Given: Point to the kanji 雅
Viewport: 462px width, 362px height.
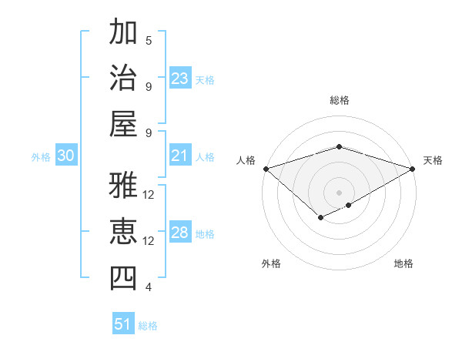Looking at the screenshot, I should pyautogui.click(x=123, y=186).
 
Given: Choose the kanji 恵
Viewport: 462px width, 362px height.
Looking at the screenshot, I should pyautogui.click(x=123, y=232).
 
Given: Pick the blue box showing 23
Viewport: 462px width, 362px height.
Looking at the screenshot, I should pyautogui.click(x=180, y=78).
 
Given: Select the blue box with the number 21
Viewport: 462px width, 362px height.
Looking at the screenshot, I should pyautogui.click(x=180, y=156).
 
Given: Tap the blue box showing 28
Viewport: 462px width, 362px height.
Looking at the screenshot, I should pyautogui.click(x=180, y=233).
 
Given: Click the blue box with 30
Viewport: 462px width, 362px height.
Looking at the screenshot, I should pyautogui.click(x=66, y=156).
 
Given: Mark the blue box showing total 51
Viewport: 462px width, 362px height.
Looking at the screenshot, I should pyautogui.click(x=123, y=324).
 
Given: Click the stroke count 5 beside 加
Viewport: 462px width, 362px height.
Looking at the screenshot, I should pyautogui.click(x=149, y=40).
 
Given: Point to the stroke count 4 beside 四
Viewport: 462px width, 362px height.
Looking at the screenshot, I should pyautogui.click(x=149, y=287).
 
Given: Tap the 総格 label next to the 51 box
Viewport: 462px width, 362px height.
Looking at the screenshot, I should pyautogui.click(x=148, y=326).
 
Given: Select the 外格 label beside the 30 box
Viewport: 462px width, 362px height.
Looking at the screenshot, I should pyautogui.click(x=41, y=157).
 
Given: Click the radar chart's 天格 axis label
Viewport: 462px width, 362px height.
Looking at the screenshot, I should pyautogui.click(x=433, y=160).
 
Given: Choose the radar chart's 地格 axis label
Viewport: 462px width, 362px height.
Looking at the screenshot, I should pyautogui.click(x=403, y=263).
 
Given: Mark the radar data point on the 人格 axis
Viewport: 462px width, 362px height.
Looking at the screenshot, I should pyautogui.click(x=266, y=168).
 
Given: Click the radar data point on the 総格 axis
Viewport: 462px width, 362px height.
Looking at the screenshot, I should pyautogui.click(x=339, y=146).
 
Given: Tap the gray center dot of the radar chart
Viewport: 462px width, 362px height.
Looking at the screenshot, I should pyautogui.click(x=339, y=191).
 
